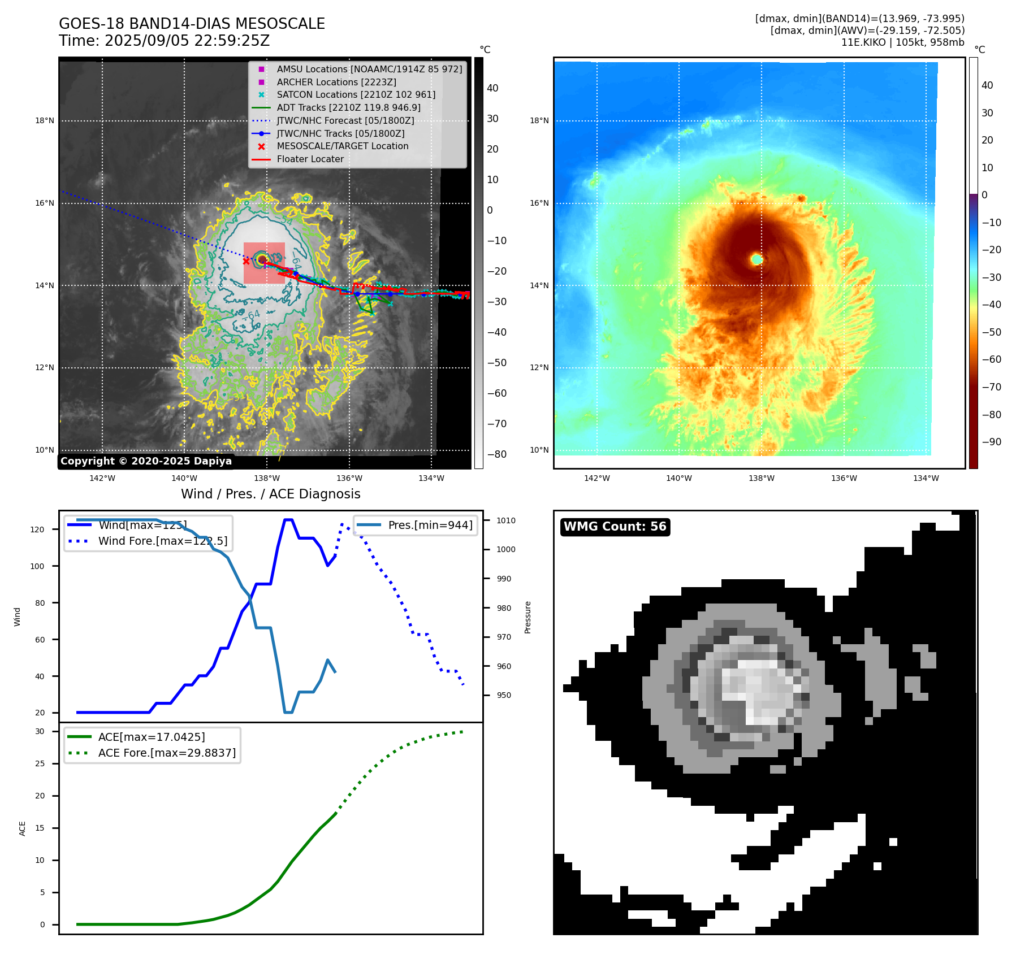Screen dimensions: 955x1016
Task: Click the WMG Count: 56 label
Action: click(615, 527)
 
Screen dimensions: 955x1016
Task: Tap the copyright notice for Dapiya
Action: click(146, 461)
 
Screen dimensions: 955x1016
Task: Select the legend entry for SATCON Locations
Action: click(356, 95)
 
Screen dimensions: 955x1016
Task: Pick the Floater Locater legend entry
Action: click(310, 159)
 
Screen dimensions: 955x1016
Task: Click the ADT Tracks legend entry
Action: click(348, 107)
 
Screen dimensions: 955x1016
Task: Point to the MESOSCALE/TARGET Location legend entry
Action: click(342, 146)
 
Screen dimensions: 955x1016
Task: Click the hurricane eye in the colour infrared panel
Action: click(757, 259)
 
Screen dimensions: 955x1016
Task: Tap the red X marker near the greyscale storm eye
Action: click(246, 261)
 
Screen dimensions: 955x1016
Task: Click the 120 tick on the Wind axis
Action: click(37, 529)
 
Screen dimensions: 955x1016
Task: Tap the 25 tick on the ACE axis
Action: click(40, 763)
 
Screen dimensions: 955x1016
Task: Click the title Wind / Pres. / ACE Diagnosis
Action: click(270, 494)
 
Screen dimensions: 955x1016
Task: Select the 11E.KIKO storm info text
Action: click(902, 42)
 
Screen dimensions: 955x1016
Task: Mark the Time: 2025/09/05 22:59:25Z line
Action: click(164, 41)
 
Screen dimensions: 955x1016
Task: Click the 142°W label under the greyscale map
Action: click(102, 478)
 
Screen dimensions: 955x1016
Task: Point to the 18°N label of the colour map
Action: click(539, 120)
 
